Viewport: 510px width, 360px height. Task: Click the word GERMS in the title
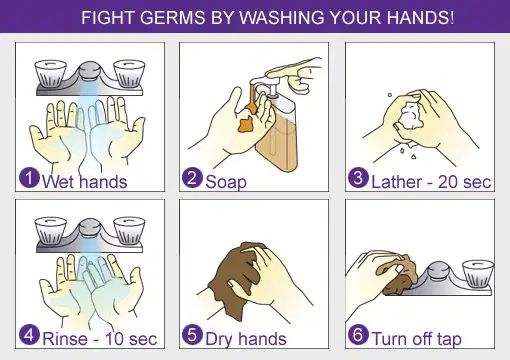coord(172,17)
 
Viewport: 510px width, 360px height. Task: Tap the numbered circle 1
coord(29,178)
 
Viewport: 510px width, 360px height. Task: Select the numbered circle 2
coord(192,178)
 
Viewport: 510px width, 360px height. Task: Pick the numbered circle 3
coord(358,178)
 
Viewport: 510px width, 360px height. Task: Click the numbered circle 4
coord(29,335)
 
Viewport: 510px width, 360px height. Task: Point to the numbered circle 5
coord(192,335)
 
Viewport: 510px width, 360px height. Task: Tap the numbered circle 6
coord(358,335)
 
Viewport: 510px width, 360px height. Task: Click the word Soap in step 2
coord(226,182)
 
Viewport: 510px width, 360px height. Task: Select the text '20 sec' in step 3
coord(464,182)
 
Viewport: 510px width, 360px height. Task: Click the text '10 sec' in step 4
coord(131,339)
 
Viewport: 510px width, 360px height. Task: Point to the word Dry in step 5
coord(219,339)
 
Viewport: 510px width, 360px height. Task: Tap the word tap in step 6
coord(449,339)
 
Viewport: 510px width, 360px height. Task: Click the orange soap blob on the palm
coord(247,124)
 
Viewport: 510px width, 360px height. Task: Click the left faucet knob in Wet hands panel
coord(51,74)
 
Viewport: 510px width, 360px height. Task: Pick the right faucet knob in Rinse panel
coord(129,231)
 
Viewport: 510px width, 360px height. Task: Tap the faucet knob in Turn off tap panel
coord(478,274)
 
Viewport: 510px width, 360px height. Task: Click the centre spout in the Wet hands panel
coord(90,71)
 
